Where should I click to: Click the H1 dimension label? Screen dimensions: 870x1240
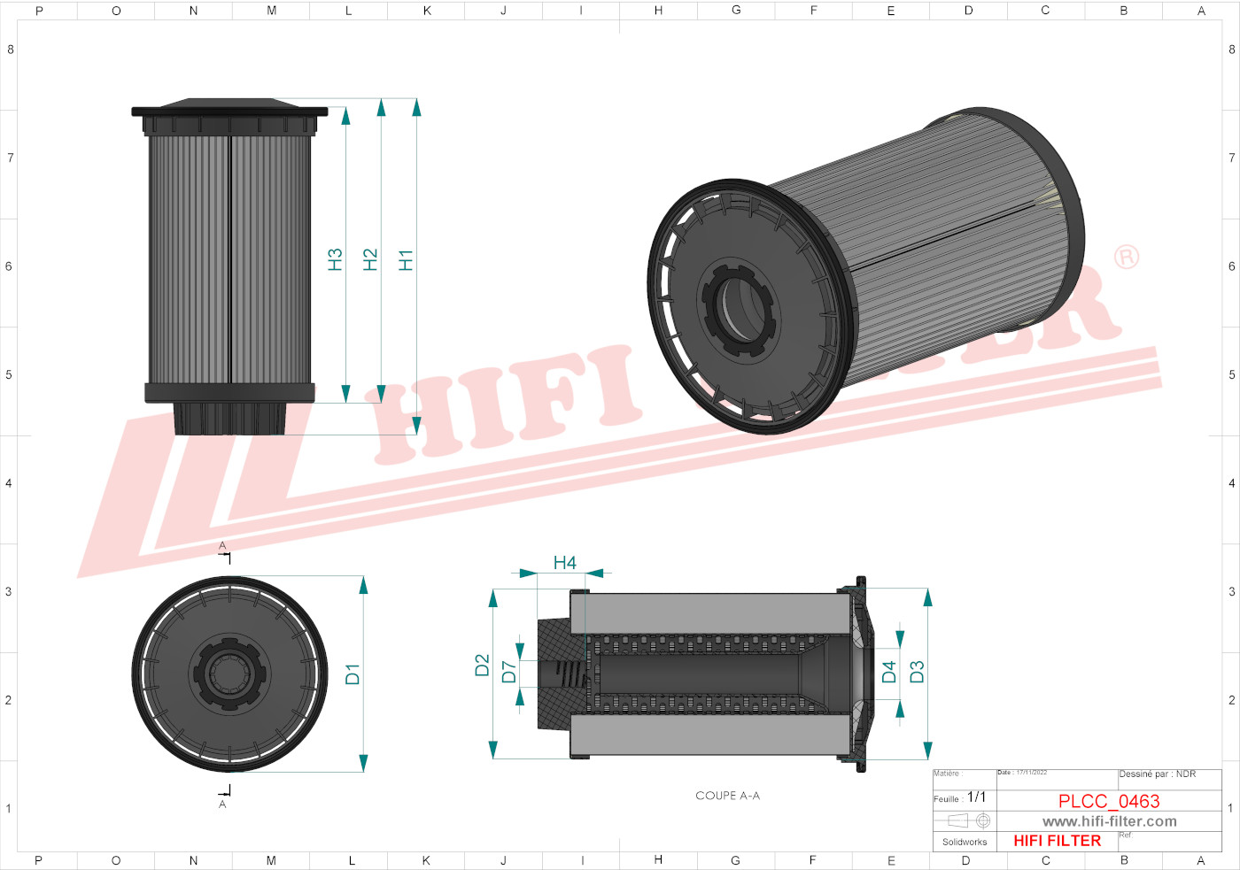(406, 260)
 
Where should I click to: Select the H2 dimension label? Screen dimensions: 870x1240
(370, 260)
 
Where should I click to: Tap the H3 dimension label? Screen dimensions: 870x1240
(335, 260)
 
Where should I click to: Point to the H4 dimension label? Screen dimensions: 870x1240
(564, 563)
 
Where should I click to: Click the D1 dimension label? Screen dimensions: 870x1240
(353, 674)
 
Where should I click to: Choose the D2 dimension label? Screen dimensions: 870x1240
(482, 666)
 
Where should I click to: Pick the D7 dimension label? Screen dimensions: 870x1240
(508, 672)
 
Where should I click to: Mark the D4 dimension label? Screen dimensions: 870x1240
(889, 672)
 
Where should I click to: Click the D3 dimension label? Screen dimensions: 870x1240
(917, 672)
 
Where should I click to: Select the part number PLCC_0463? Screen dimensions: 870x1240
(1108, 801)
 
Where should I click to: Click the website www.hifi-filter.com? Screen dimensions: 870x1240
(1109, 821)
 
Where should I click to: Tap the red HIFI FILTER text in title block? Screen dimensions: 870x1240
(1057, 841)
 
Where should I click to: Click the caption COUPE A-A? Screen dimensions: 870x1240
(727, 796)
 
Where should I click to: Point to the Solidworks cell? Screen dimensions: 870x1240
(964, 842)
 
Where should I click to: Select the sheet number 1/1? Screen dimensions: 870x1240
(976, 797)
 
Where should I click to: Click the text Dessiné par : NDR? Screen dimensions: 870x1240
(1157, 774)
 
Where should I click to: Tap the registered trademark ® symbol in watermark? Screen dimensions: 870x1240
(1126, 258)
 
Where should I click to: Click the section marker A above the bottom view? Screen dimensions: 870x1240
(222, 546)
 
